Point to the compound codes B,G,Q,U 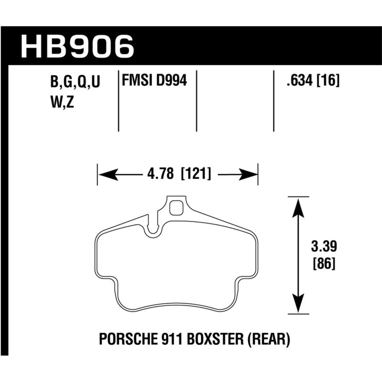[x=74, y=83]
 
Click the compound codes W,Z [x=62, y=102]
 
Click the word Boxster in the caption [x=214, y=340]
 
